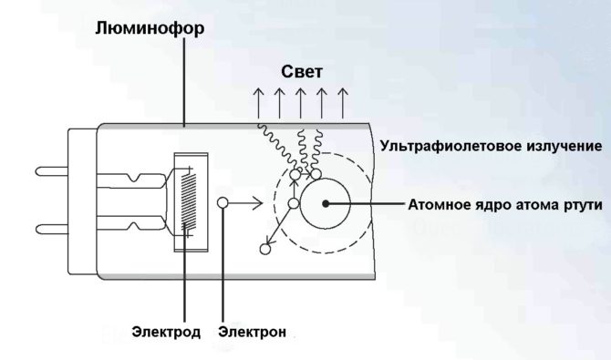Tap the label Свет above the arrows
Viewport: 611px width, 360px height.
tap(300, 71)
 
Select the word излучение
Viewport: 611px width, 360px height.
tap(561, 146)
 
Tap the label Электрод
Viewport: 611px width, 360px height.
tap(165, 332)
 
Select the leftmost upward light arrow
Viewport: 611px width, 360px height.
tap(258, 103)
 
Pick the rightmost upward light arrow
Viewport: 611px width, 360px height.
tap(343, 103)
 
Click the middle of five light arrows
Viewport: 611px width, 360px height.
tap(300, 103)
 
